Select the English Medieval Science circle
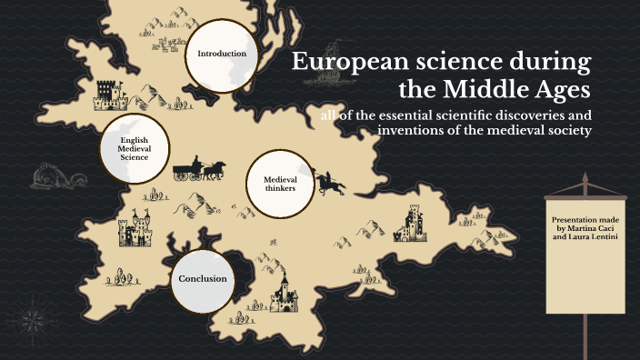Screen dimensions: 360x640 tap(134, 149)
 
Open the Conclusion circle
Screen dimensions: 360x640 tap(203, 279)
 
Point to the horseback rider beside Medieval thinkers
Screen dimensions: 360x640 tap(329, 182)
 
